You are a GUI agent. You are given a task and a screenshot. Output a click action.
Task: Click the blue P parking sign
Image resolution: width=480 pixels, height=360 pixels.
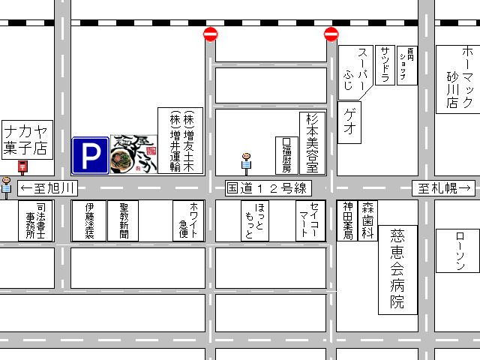(90, 155)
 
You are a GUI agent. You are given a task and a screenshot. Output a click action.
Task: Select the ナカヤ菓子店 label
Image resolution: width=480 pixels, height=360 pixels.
(28, 138)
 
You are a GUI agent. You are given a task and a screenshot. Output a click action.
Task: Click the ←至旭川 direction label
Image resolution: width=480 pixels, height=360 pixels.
(48, 187)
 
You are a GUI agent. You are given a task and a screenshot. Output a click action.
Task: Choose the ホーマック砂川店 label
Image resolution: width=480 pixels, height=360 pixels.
(456, 79)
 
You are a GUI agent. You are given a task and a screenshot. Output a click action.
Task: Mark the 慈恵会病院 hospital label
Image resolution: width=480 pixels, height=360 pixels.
(397, 269)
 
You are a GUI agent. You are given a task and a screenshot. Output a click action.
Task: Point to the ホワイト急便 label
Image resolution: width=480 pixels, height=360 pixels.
(188, 220)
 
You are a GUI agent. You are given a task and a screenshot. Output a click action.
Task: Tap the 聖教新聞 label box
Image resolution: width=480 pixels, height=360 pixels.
(123, 220)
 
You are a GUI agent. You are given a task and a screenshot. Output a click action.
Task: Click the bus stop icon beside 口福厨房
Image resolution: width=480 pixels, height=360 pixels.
(246, 162)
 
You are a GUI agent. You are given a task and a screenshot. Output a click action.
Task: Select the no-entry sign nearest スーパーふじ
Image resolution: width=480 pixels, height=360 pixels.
(331, 34)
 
